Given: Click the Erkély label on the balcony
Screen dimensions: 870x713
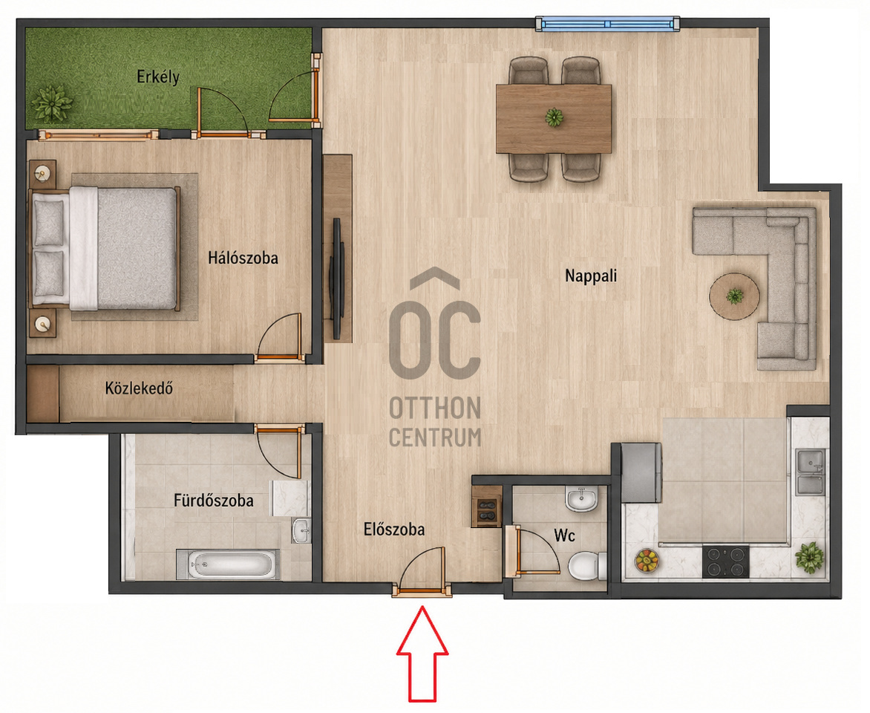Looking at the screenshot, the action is tap(158, 76).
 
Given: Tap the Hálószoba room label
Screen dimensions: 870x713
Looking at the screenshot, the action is tap(243, 258).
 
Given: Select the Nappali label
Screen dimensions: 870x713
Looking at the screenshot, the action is tap(591, 276).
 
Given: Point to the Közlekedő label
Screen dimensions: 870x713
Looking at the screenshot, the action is tap(139, 388).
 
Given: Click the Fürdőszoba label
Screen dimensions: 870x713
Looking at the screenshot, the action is tap(214, 501).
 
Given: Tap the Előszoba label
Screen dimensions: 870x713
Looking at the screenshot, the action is tap(394, 530).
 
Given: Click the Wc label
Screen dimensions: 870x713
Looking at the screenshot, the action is tap(564, 535).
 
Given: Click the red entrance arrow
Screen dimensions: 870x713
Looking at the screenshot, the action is tap(422, 654).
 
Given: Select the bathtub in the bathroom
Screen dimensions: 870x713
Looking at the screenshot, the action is tap(227, 564).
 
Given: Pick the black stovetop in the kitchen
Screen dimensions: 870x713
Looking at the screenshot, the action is tap(725, 561).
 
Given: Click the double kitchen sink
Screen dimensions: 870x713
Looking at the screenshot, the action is tap(810, 472).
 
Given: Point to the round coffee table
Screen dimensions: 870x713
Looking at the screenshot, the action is tap(735, 296).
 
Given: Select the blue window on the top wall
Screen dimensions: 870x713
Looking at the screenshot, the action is tap(607, 24).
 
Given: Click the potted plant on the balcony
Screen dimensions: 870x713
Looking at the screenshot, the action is tap(52, 103).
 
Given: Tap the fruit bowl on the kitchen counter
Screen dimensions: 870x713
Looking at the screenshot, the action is tap(647, 560).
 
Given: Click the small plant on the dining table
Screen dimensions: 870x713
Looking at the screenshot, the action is tap(554, 118).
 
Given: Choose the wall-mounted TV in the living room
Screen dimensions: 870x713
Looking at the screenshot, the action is tap(337, 279).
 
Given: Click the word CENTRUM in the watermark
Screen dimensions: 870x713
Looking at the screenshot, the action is tap(434, 437).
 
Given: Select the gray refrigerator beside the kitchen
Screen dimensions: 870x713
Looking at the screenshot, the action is tap(641, 472).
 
